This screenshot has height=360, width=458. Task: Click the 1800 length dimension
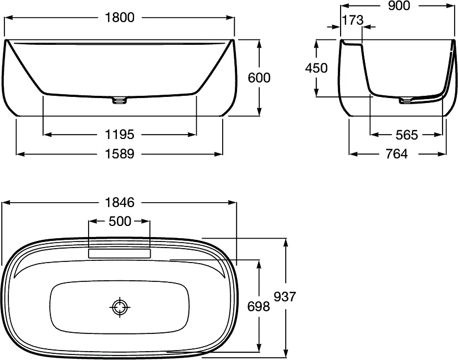[120, 18]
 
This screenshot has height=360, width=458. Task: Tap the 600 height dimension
[259, 78]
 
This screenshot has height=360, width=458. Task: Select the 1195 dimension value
[120, 135]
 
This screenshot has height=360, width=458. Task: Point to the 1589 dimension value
[120, 154]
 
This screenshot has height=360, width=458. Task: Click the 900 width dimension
[399, 6]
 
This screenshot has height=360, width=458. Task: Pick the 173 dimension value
[353, 20]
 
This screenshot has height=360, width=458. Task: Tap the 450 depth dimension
[316, 68]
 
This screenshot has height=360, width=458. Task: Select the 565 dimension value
[407, 135]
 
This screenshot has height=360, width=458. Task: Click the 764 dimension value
[397, 154]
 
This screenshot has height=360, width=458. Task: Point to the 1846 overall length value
[120, 202]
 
